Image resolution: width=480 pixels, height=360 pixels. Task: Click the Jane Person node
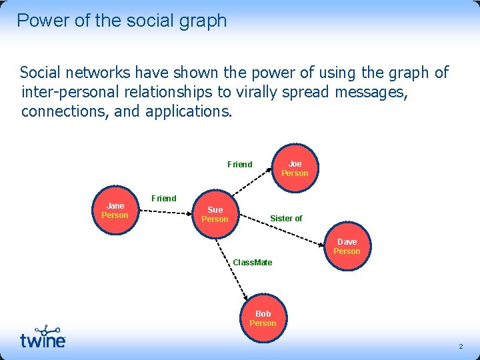115,211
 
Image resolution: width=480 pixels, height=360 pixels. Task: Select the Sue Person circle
215,214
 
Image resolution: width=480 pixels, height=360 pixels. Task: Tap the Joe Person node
295,168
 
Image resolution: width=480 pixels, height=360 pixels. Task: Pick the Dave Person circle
347,246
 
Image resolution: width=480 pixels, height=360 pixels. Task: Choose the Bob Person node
263,318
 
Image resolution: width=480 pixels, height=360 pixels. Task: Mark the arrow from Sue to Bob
233,267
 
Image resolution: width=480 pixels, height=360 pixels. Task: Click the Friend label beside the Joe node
240,165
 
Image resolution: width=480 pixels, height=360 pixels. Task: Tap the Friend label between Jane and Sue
164,198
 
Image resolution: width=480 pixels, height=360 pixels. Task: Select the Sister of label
286,218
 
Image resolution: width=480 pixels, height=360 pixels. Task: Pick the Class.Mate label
253,263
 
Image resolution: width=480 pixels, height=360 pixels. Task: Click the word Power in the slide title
41,21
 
